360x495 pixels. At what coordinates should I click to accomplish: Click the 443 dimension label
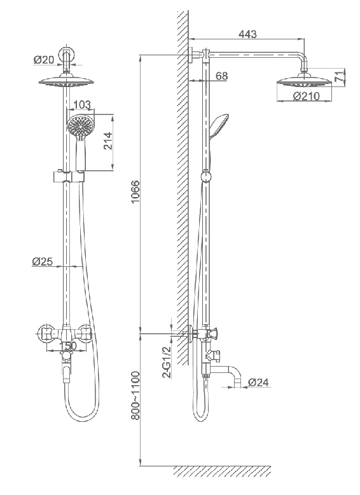(x=247, y=34)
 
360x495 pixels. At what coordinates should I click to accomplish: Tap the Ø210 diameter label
(x=306, y=96)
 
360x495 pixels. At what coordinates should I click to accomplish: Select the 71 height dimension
(x=338, y=77)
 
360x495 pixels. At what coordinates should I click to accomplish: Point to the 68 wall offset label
(x=221, y=76)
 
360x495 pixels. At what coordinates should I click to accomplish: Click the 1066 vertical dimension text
(x=135, y=193)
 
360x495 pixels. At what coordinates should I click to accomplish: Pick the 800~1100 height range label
(x=135, y=395)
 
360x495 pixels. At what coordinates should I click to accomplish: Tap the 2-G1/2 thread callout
(x=166, y=362)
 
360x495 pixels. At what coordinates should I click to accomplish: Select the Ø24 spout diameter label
(x=258, y=382)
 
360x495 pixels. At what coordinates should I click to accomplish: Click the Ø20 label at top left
(x=44, y=59)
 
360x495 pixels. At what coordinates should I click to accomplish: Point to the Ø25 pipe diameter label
(x=42, y=261)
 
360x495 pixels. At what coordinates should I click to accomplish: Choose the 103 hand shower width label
(x=81, y=104)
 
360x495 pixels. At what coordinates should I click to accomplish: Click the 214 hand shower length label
(x=107, y=142)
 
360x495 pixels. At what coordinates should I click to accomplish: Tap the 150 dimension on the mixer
(x=68, y=346)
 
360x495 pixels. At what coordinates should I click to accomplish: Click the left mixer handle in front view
(x=46, y=333)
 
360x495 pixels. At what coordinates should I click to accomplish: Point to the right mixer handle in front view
(x=85, y=333)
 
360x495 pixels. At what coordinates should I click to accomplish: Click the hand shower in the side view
(x=218, y=127)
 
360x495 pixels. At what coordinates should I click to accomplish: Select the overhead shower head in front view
(x=66, y=81)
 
